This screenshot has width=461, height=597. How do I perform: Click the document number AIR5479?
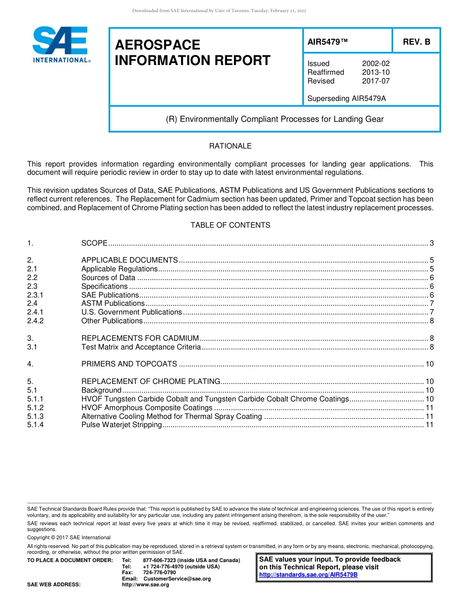pyautogui.click(x=328, y=42)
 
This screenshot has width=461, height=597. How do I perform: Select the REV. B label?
pyautogui.click(x=416, y=42)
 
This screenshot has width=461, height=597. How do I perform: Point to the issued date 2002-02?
pyautogui.click(x=376, y=64)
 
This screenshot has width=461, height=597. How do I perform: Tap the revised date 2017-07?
pyautogui.click(x=376, y=81)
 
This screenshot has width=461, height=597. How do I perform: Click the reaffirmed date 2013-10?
pyautogui.click(x=376, y=72)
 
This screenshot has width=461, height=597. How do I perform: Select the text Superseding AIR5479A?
pyautogui.click(x=346, y=99)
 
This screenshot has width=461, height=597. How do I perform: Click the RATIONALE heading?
pyautogui.click(x=230, y=146)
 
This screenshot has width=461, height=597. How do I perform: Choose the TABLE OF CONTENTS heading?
pyautogui.click(x=230, y=225)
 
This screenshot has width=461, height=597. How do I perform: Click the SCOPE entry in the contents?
pyautogui.click(x=94, y=243)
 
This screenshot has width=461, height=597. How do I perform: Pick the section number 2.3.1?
pyautogui.click(x=35, y=295)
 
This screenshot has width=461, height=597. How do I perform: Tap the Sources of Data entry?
pyautogui.click(x=108, y=278)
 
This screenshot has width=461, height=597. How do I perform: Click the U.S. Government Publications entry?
pyautogui.click(x=132, y=312)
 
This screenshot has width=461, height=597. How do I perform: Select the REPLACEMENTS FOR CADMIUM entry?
pyautogui.click(x=140, y=338)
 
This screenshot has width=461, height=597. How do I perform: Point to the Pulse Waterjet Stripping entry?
pyautogui.click(x=121, y=425)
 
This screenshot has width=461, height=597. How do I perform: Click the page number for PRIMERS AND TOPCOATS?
pyautogui.click(x=429, y=364)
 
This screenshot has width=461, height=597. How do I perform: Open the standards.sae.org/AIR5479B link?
pyautogui.click(x=308, y=575)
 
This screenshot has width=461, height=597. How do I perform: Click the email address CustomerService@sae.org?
pyautogui.click(x=177, y=579)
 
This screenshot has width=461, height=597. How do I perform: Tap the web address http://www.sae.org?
pyautogui.click(x=146, y=585)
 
